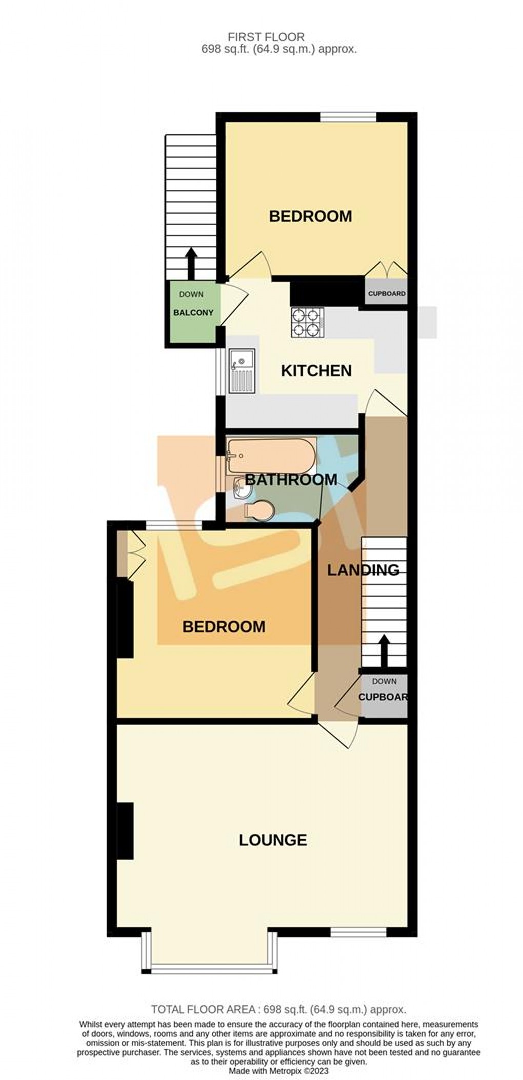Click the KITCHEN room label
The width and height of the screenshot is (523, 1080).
[316, 370]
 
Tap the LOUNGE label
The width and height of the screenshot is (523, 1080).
[273, 839]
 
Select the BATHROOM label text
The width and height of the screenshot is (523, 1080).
[291, 480]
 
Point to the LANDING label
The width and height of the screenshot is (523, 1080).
[363, 570]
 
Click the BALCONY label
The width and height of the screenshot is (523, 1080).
[193, 313]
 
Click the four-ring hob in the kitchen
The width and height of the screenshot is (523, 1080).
[308, 323]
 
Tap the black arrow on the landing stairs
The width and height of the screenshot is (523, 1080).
[384, 650]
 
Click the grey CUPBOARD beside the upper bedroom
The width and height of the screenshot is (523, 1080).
[387, 294]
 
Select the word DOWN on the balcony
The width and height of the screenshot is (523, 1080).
[191, 295]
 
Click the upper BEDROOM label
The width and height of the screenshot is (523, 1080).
[310, 216]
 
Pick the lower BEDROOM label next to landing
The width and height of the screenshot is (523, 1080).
[224, 626]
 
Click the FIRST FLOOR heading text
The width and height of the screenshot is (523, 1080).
[267, 36]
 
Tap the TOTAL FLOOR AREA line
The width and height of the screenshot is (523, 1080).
[278, 1009]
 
